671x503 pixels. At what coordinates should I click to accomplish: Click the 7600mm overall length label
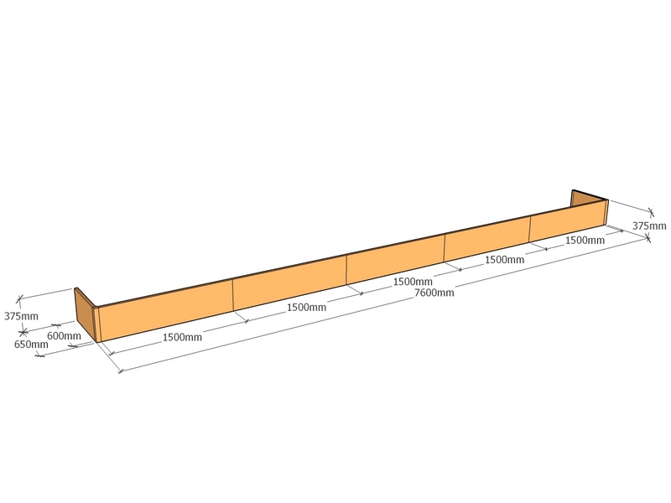(x=434, y=293)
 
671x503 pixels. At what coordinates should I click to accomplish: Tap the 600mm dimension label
(x=64, y=336)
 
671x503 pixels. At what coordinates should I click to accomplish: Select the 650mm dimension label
(x=31, y=344)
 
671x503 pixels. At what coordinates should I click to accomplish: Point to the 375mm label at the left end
(x=22, y=316)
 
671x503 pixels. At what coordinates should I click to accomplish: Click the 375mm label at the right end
(x=649, y=226)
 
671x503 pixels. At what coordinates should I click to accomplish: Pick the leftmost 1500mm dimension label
(x=182, y=338)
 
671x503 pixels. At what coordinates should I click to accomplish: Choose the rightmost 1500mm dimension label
(x=585, y=241)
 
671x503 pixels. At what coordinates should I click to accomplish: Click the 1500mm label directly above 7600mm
(x=413, y=282)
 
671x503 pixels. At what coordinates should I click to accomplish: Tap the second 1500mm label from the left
(x=306, y=307)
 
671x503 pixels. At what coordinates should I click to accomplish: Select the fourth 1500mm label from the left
(x=504, y=260)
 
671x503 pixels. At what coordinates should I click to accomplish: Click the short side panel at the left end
(x=84, y=313)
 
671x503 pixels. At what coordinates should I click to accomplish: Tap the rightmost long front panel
(x=569, y=220)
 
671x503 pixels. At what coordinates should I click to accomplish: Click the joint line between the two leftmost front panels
(x=233, y=295)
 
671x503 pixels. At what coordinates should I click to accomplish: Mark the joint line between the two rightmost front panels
(x=530, y=228)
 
